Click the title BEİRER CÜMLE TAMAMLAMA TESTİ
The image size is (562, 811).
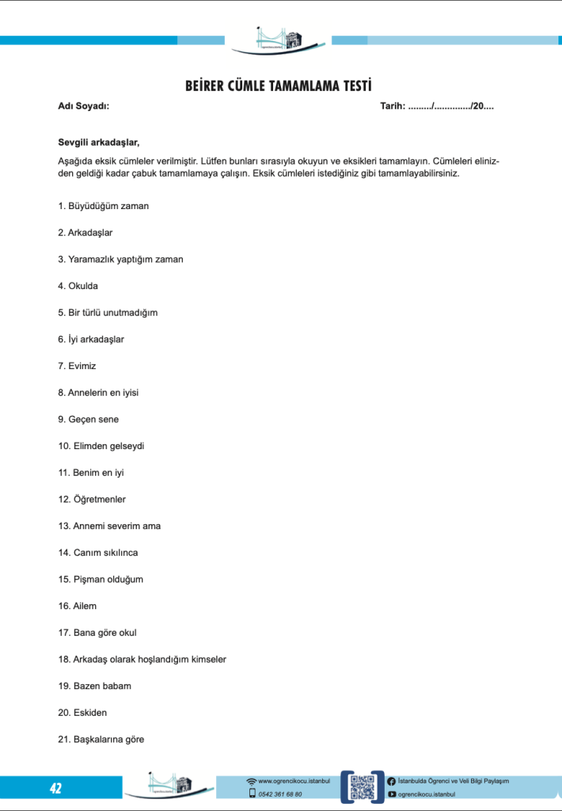[279, 86]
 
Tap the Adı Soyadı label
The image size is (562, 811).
[84, 105]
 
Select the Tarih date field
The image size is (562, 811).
[437, 105]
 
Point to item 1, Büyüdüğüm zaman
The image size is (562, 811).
[104, 206]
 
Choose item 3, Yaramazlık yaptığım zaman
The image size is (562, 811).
[120, 259]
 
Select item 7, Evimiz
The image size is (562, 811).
[77, 366]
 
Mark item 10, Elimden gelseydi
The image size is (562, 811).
[101, 446]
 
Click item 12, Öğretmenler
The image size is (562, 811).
[92, 500]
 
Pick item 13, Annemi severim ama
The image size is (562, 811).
[109, 526]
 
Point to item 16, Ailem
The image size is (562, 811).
[78, 606]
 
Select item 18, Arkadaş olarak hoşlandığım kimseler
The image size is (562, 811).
[142, 659]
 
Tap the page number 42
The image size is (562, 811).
[55, 788]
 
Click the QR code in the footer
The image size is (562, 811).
[362, 787]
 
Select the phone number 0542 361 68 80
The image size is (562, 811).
[279, 794]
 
